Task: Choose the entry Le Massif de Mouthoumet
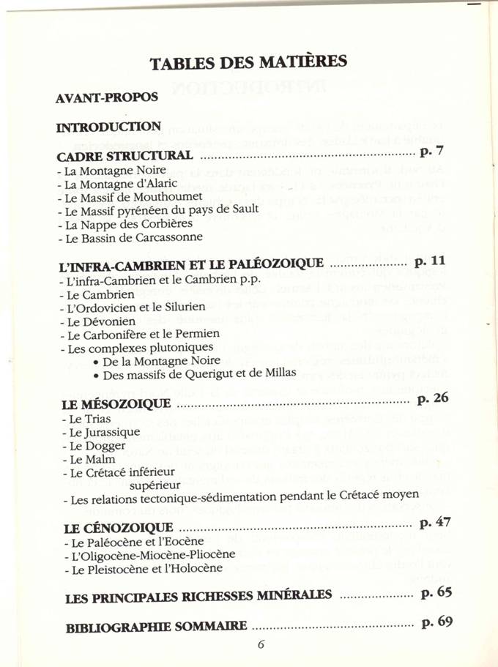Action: pos(122,197)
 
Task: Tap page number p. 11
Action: pos(430,260)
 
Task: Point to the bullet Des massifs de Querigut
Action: pos(194,373)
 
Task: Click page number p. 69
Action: pos(437,623)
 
